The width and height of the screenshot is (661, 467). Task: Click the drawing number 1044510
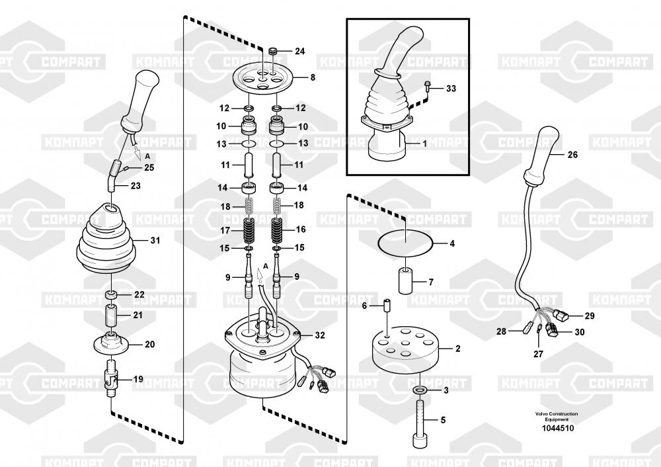(x=556, y=428)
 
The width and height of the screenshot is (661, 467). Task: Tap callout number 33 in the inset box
(x=451, y=88)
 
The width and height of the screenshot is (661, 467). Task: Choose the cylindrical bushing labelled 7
(x=406, y=282)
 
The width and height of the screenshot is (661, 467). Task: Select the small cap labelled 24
(x=272, y=50)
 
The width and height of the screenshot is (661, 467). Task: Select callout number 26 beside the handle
(x=572, y=155)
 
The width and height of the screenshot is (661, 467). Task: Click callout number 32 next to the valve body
(x=319, y=335)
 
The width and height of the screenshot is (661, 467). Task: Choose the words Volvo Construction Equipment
(x=556, y=417)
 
